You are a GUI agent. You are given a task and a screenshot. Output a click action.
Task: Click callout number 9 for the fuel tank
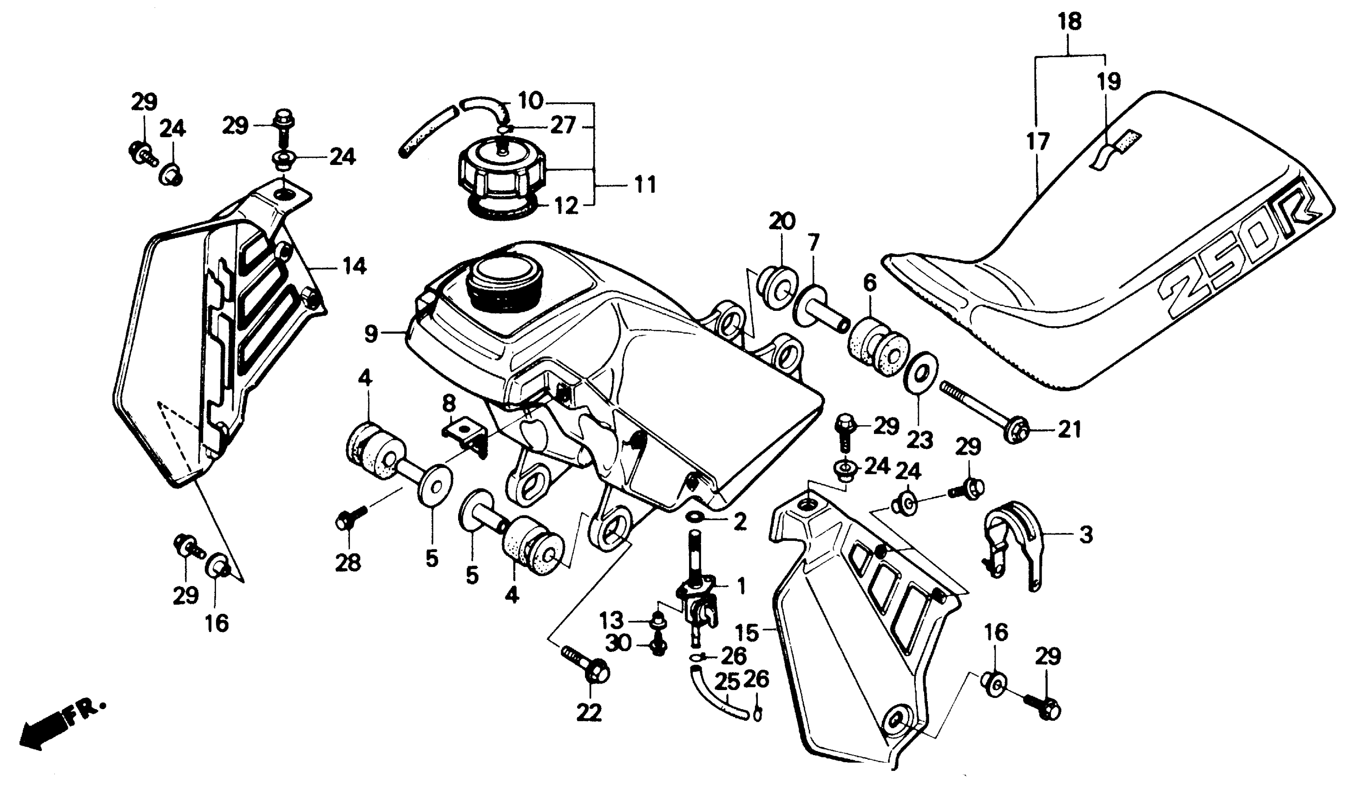[371, 334]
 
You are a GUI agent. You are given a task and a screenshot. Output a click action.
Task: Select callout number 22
[589, 713]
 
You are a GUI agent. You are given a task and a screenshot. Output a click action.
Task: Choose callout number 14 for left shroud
[355, 266]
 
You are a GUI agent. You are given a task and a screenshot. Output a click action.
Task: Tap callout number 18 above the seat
[1070, 23]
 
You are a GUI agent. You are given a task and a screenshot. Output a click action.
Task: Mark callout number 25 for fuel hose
[727, 683]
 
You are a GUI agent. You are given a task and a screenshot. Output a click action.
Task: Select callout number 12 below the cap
[566, 205]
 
